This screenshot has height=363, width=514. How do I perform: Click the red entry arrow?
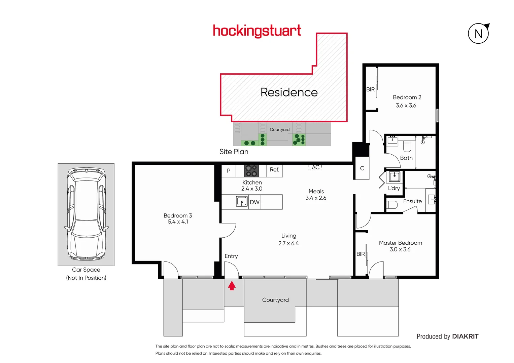(x=232, y=286)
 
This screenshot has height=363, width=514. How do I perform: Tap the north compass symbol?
(x=478, y=34)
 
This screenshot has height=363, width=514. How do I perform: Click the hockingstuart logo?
(x=257, y=31)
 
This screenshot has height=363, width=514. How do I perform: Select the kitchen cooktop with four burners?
(x=251, y=171)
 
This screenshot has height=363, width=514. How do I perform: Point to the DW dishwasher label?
(x=254, y=202)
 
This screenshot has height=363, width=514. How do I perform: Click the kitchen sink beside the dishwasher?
(x=242, y=202)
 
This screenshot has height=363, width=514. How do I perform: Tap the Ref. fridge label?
(x=274, y=170)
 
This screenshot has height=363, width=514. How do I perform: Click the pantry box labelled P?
(x=229, y=171)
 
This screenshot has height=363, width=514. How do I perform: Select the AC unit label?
(x=315, y=167)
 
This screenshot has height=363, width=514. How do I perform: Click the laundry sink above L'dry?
(x=394, y=176)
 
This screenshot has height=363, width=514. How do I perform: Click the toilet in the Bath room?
(x=407, y=146)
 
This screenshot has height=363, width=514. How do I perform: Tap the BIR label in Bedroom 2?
(x=370, y=89)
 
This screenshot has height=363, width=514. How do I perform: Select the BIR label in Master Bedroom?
(x=361, y=254)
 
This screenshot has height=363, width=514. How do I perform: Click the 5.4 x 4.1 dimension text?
(x=178, y=222)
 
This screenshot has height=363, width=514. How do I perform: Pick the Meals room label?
(x=316, y=191)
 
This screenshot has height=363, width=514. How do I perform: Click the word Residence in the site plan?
(x=289, y=92)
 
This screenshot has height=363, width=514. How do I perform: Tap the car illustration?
(x=86, y=214)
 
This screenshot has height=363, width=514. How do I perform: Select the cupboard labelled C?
(x=362, y=168)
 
